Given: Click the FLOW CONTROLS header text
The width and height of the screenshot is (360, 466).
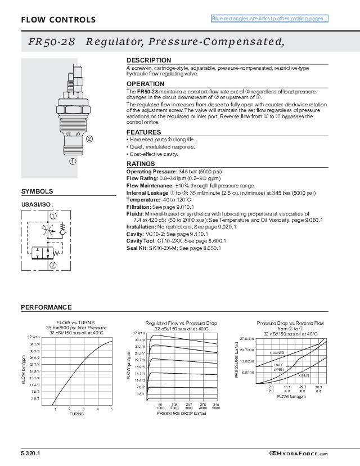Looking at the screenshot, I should [x=58, y=20].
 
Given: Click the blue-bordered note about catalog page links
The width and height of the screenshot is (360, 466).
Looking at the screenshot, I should [x=269, y=19].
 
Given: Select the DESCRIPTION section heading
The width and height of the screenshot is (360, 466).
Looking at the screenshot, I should [x=148, y=60].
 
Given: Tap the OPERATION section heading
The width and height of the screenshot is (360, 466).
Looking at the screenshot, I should [x=145, y=84].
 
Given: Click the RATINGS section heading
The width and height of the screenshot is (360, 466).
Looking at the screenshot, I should [x=141, y=164].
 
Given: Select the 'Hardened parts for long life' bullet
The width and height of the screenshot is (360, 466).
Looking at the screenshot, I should [x=161, y=140].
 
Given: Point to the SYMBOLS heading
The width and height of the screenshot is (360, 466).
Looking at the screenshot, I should [x=37, y=191].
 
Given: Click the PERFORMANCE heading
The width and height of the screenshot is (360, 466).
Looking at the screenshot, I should [x=46, y=307].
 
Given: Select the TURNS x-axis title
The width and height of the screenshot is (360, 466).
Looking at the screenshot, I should [x=76, y=414].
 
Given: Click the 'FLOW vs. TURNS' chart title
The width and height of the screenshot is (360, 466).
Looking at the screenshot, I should [x=76, y=323].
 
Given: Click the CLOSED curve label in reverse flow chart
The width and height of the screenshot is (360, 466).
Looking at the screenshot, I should [x=277, y=352].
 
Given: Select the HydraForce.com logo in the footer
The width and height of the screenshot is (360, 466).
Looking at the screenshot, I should [x=308, y=453].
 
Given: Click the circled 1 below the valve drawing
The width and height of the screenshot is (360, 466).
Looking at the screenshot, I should [x=73, y=161].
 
